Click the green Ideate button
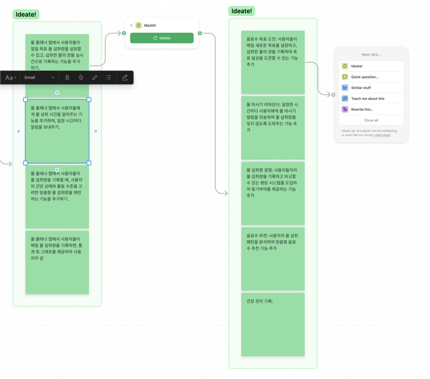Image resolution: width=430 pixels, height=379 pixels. point(162,38)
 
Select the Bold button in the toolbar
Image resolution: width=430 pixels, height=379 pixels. point(67,78)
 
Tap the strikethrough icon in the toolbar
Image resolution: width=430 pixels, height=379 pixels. point(81,78)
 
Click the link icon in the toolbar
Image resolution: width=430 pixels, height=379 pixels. point(94,78)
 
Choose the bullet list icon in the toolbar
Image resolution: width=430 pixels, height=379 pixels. point(109,78)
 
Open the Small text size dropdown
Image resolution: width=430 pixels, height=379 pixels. point(39,78)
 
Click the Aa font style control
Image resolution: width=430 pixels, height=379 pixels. point(10,78)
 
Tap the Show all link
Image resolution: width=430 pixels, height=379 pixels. point(371,120)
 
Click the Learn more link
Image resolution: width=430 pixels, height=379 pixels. point(382,135)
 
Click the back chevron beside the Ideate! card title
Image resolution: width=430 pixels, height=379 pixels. point(131,25)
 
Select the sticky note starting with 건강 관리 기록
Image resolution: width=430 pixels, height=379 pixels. point(273,324)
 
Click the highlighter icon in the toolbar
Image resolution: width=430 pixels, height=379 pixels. point(125,78)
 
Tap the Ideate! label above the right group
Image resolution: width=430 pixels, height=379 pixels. point(241,11)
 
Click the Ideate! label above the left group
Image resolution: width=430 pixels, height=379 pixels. point(26,15)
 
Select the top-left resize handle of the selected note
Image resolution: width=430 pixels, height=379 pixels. point(26,99)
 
